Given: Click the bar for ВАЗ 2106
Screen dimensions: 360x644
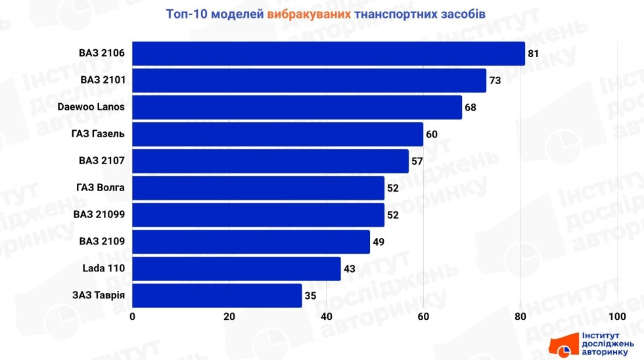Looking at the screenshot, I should coord(329,53).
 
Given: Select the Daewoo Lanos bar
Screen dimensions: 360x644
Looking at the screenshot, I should coord(297,107).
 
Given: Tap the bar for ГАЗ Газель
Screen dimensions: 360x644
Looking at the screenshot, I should coord(277,134).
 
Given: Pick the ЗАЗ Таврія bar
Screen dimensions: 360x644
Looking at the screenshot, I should coord(217,296).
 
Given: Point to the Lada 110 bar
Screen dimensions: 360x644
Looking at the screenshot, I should coord(237,269).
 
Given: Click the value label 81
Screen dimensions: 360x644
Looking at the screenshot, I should coord(533,53).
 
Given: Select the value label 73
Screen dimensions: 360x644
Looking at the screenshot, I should coord(494,80).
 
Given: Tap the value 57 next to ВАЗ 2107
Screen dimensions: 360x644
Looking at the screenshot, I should coord(417,161).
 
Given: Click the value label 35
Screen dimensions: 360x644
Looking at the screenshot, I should coord(310,296).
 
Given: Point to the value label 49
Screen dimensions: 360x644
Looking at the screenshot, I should coord(378,242).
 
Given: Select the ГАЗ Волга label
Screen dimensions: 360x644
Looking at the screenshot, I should coord(101,188).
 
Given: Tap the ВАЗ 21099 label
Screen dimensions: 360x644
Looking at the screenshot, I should coord(99,215).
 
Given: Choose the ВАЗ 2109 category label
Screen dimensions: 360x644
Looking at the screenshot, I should coord(102,242).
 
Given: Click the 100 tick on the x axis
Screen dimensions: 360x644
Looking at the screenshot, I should coord(617,317).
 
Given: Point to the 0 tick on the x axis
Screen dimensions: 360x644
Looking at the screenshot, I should coord(133,317).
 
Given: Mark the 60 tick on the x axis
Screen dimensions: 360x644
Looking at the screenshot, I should coord(423,317).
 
